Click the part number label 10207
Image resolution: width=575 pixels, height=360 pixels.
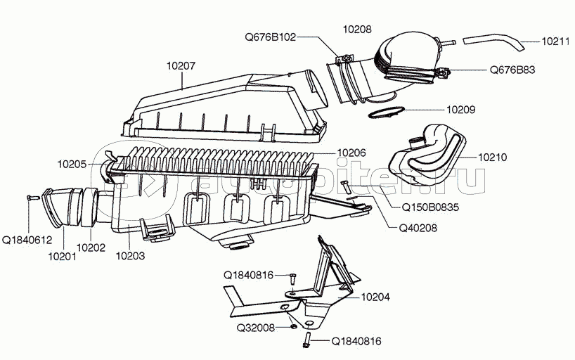181,66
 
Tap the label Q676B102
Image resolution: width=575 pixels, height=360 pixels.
270,37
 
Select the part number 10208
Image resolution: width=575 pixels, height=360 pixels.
357,30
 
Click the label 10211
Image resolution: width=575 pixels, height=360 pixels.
555,41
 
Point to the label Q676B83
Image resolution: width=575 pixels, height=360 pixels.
513,70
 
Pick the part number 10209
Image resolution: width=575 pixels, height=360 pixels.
461,110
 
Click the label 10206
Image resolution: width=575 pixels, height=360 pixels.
351,152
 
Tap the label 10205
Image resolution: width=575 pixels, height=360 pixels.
72,165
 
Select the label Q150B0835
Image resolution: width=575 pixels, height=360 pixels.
430,208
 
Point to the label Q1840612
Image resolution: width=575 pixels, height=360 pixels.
27,240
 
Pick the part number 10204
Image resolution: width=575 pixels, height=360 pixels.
375,297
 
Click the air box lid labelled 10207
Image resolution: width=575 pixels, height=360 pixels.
225,105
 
